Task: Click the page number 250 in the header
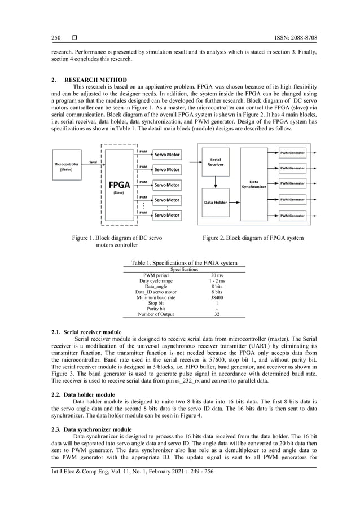pyautogui.click(x=56, y=38)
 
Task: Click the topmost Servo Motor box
pyautogui.click(x=167, y=155)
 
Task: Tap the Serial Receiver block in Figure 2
pyautogui.click(x=215, y=162)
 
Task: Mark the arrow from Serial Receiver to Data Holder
pyautogui.click(x=215, y=182)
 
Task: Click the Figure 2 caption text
pyautogui.click(x=253, y=238)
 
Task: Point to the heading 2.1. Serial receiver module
pyautogui.click(x=86, y=333)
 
